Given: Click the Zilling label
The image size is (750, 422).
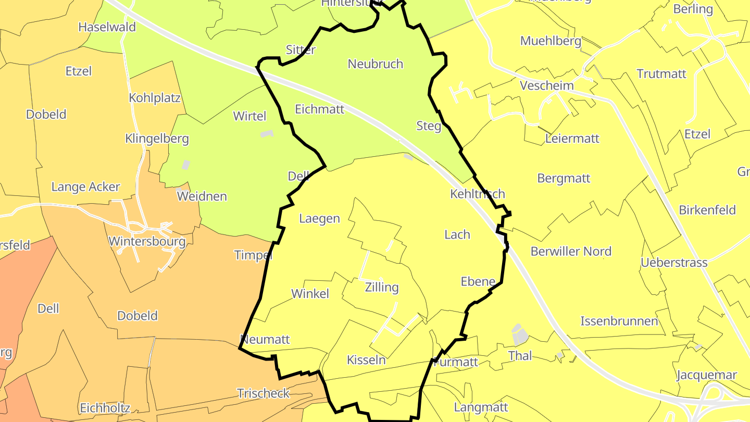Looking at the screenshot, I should point(382,287).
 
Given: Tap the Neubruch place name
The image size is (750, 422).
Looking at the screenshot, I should point(376,64).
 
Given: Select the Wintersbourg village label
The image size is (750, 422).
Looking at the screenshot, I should point(147,242).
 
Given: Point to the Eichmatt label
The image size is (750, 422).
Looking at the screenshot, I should point(320,109).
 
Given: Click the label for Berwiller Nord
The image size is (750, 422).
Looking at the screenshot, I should point(571,251).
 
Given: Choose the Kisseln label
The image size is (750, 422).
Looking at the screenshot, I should point(366,360).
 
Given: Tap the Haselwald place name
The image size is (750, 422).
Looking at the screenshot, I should point(107,27).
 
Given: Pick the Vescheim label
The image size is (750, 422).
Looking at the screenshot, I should point(547,85).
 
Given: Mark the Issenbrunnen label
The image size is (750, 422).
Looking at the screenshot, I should point(619,321).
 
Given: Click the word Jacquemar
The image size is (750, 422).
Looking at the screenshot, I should point(707,375).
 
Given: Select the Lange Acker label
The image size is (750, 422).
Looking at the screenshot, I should point(85,187).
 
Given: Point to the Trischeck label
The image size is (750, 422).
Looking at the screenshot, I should point(263,393).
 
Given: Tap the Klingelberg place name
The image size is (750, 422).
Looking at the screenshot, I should point(157,139).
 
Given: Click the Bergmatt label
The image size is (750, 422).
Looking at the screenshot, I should point(564,178).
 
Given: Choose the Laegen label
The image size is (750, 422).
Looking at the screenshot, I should point(319,219).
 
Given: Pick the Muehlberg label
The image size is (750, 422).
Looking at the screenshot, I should point(551,41).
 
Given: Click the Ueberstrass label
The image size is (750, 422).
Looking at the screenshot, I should point(674,262).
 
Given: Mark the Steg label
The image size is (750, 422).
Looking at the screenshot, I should point(429,126).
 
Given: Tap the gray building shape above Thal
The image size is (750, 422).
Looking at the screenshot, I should point(519,334).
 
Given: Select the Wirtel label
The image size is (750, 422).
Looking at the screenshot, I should point(250,116).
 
